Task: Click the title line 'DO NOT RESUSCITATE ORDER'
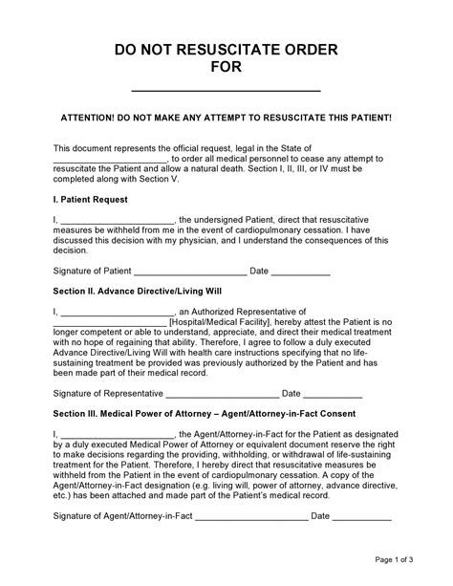(x=226, y=50)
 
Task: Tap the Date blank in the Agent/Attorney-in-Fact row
(x=362, y=516)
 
